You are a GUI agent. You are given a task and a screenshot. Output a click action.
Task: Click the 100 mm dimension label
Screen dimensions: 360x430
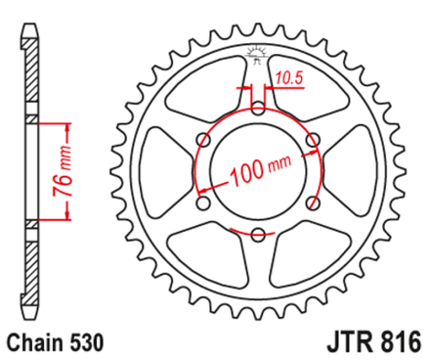point(258,174)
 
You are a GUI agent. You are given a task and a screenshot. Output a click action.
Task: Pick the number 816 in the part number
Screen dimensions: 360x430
point(401,342)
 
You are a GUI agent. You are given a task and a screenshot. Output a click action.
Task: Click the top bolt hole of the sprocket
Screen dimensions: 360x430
point(257,109)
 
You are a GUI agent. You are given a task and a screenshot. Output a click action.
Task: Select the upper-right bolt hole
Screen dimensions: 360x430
point(312,140)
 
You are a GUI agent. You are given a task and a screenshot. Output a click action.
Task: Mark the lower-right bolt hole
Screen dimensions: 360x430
point(312,203)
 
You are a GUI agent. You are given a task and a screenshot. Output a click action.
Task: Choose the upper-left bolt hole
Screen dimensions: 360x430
point(202,140)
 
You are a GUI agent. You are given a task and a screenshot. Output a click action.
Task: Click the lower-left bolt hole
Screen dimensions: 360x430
point(202,203)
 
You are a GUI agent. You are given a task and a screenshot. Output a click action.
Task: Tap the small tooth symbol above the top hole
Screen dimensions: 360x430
point(257,54)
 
